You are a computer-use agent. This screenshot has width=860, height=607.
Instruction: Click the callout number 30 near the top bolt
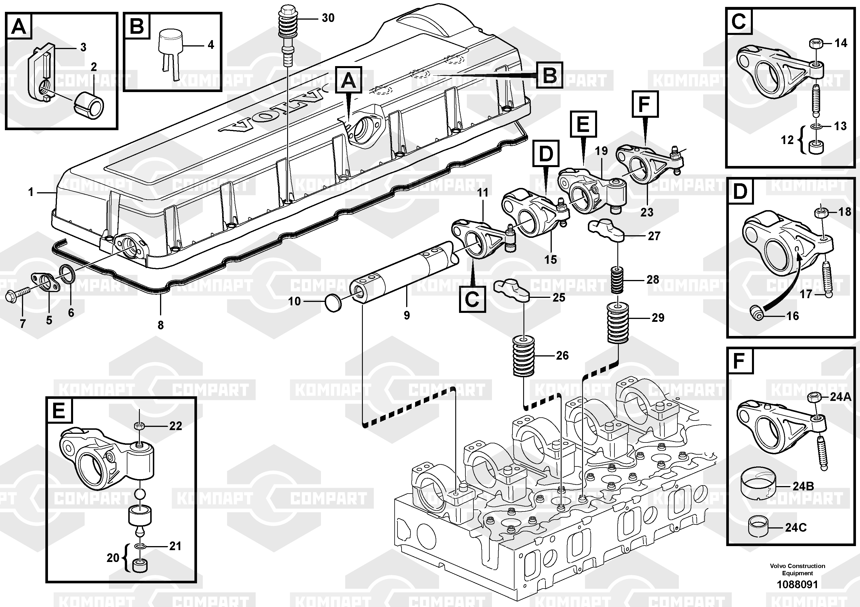[x=328, y=18]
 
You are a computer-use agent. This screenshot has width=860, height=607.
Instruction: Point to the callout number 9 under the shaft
[x=407, y=315]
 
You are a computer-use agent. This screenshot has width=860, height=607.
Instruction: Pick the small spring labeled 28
[x=618, y=280]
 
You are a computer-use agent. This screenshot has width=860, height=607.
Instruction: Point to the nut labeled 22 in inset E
[x=139, y=425]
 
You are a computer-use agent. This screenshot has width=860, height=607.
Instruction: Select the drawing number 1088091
[x=797, y=584]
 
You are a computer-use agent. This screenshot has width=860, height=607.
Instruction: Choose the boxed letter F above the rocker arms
[x=645, y=104]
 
